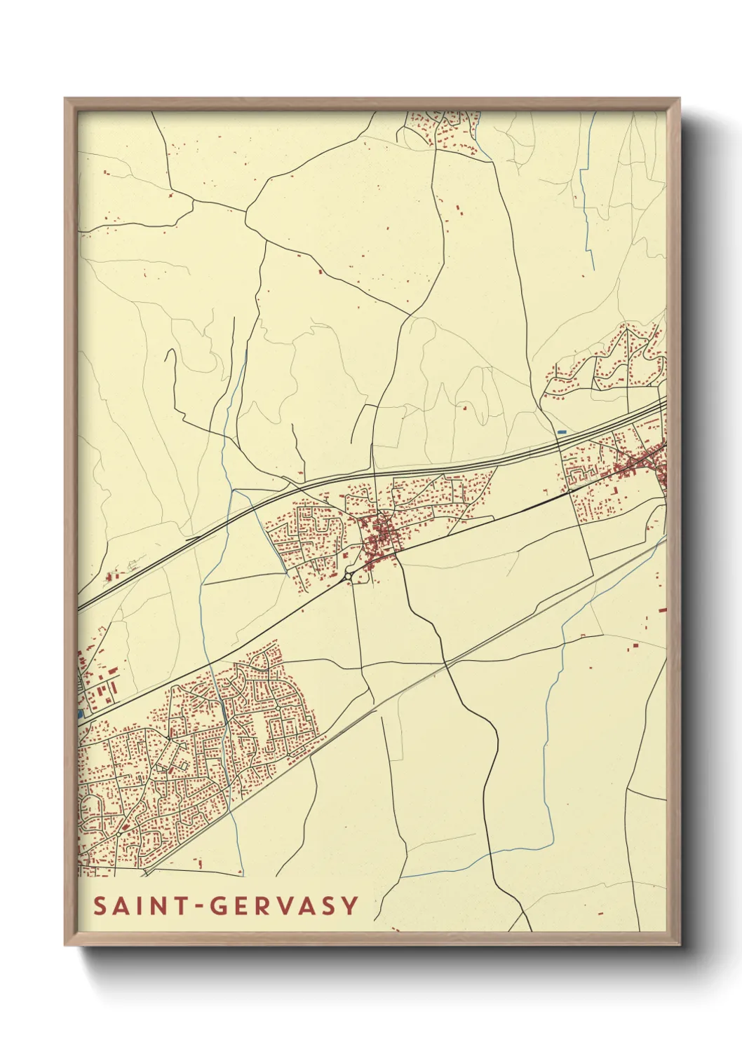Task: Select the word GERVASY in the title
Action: [x=285, y=906]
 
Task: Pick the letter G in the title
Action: [x=220, y=906]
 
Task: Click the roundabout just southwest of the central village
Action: [x=349, y=576]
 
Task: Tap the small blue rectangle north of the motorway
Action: [x=561, y=432]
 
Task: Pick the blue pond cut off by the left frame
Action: [x=81, y=713]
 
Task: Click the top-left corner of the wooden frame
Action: [x=66, y=99]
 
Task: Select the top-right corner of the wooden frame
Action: [x=680, y=99]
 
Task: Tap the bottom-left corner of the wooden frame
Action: [x=66, y=944]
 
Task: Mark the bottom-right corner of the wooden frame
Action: [x=680, y=944]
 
